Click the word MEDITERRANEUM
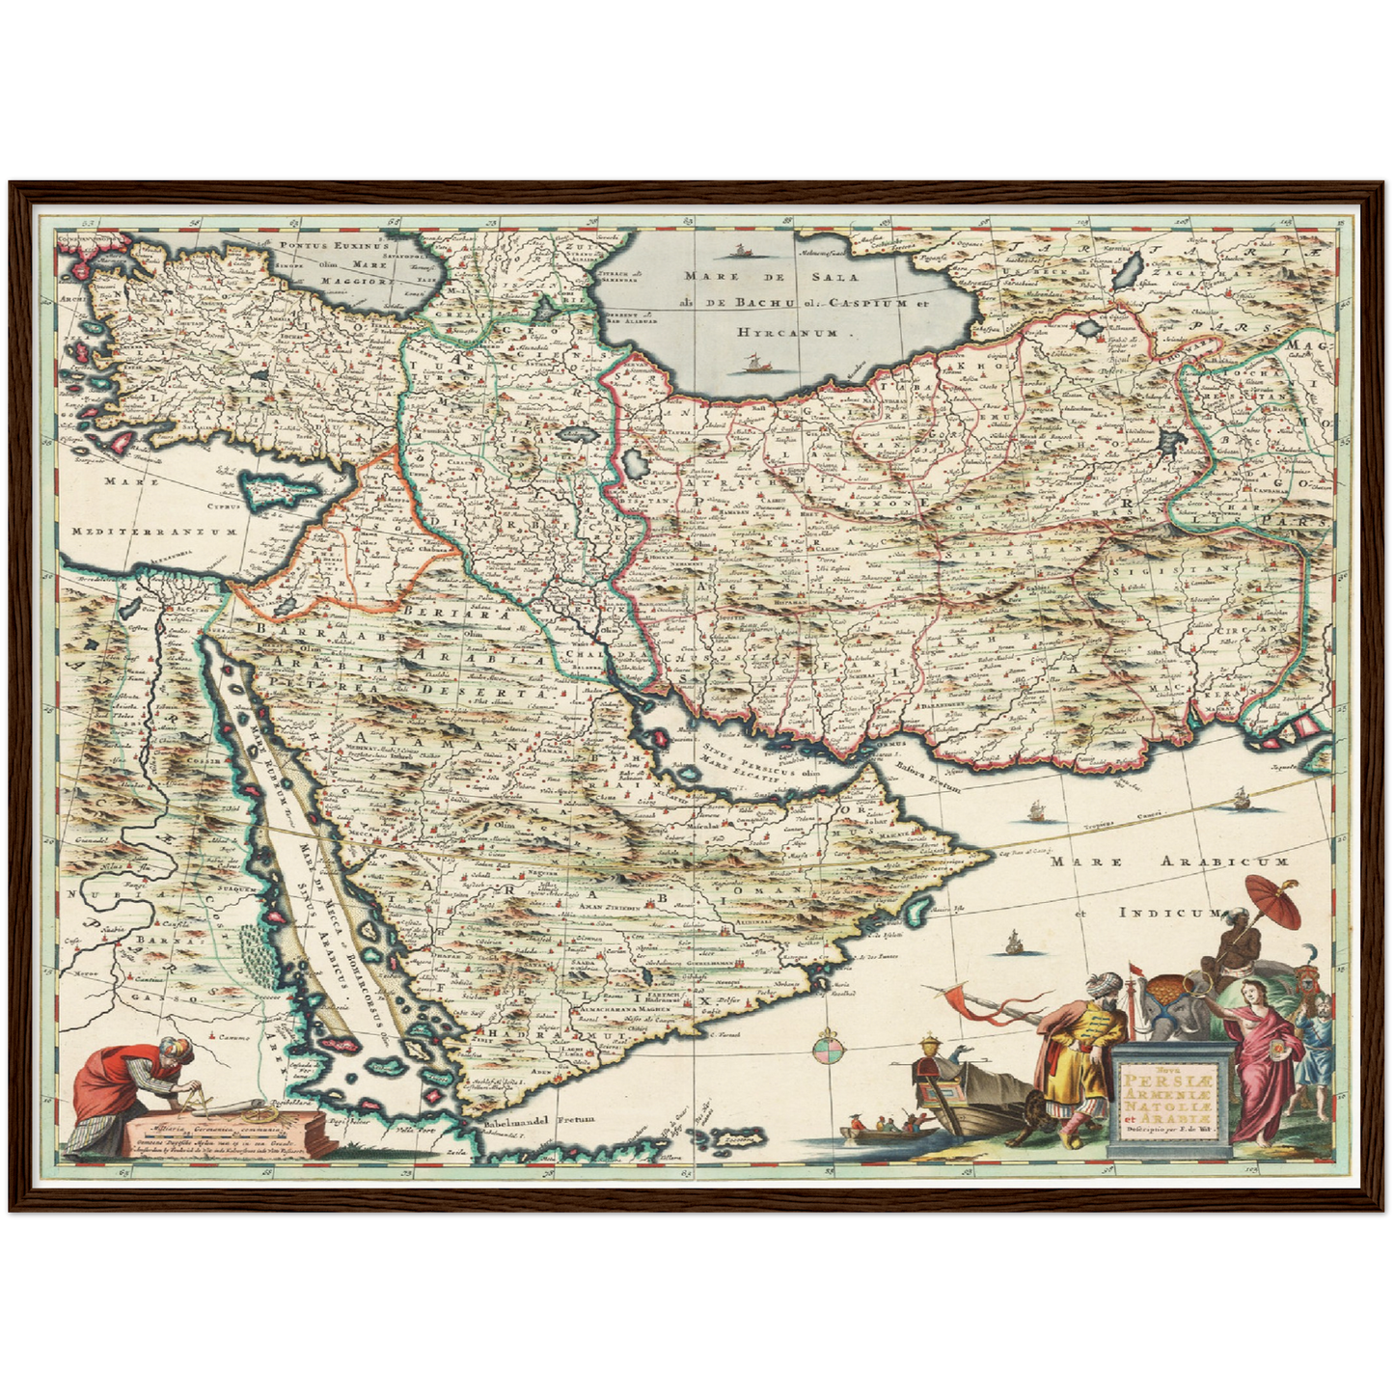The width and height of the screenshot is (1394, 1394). click(154, 532)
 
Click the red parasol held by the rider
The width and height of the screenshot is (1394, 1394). click(1273, 899)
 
